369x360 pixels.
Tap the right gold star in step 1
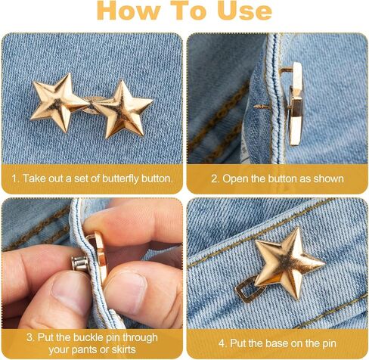click(122, 107)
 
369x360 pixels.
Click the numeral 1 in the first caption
click(14, 178)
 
